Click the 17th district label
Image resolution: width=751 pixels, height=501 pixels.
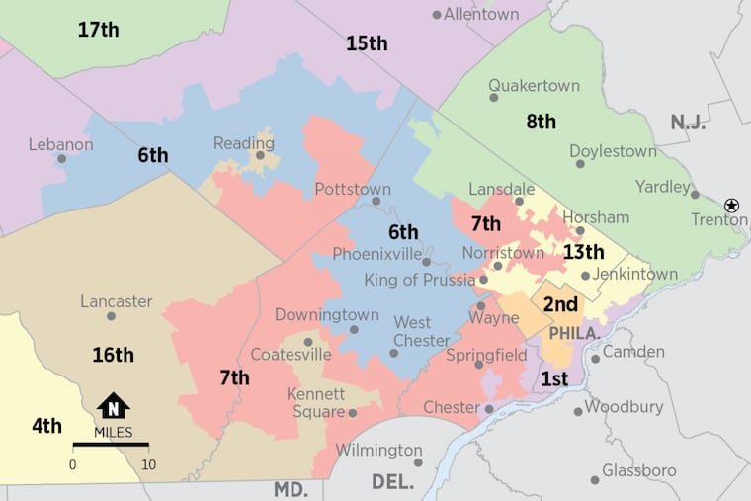(x=98, y=30)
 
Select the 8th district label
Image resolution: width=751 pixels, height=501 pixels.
(x=541, y=122)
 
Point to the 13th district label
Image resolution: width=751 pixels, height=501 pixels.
(x=583, y=252)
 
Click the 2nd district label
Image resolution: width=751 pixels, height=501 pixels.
(x=560, y=304)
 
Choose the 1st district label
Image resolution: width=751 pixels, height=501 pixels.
(x=554, y=378)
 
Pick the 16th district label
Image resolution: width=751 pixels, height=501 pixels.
(x=113, y=355)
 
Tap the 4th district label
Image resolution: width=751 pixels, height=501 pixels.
(x=46, y=426)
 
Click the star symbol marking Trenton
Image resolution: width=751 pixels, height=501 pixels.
(x=731, y=205)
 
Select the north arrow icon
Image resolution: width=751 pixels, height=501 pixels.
(x=113, y=406)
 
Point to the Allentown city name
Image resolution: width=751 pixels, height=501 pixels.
(x=481, y=14)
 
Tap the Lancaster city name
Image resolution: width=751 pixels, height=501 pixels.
(x=116, y=301)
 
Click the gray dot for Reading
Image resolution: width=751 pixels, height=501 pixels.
(x=261, y=155)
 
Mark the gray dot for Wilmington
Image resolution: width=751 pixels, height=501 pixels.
(x=419, y=462)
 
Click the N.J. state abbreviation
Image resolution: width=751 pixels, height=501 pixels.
(x=688, y=122)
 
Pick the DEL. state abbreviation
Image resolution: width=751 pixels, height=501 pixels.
(x=393, y=481)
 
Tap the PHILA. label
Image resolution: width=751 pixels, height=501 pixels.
(x=574, y=334)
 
